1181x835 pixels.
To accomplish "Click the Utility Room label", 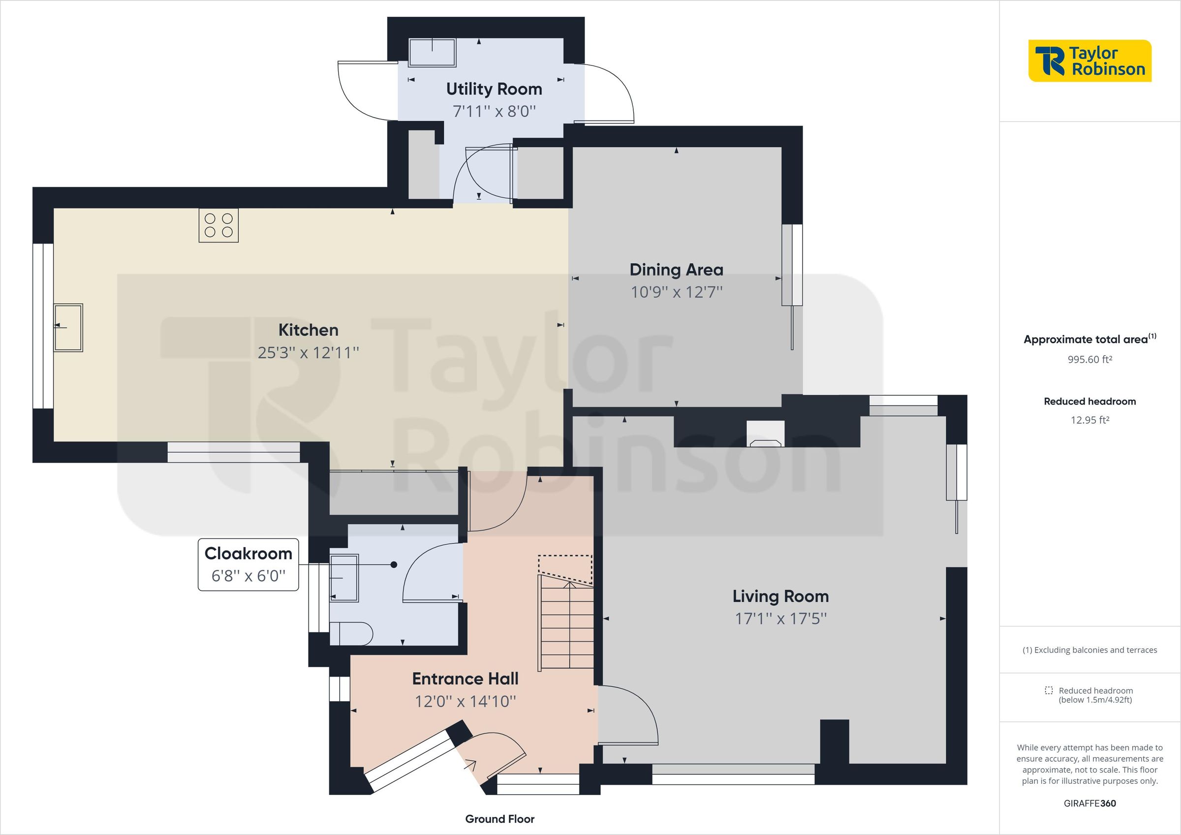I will (x=494, y=89).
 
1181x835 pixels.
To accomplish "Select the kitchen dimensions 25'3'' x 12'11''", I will (x=308, y=352).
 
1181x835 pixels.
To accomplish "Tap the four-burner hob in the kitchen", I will (x=218, y=225).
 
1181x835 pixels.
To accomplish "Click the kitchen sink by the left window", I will (x=69, y=327).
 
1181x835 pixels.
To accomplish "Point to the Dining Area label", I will (x=676, y=270).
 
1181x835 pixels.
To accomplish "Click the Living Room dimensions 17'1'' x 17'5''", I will (x=780, y=619).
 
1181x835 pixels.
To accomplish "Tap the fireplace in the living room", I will (x=766, y=435).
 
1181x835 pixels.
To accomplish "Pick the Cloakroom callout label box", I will (x=249, y=564).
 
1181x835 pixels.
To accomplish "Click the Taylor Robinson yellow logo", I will (x=1089, y=61).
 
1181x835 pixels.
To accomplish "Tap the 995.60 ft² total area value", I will (x=1089, y=360).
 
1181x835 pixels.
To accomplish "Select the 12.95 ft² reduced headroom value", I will (x=1089, y=420).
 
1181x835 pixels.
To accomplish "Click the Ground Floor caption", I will (x=499, y=819).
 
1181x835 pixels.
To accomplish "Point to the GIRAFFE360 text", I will (x=1089, y=804).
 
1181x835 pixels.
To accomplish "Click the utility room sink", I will (x=432, y=53).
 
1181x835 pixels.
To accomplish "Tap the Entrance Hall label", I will (x=465, y=679).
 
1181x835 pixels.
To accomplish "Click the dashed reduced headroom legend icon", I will (x=1049, y=690).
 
